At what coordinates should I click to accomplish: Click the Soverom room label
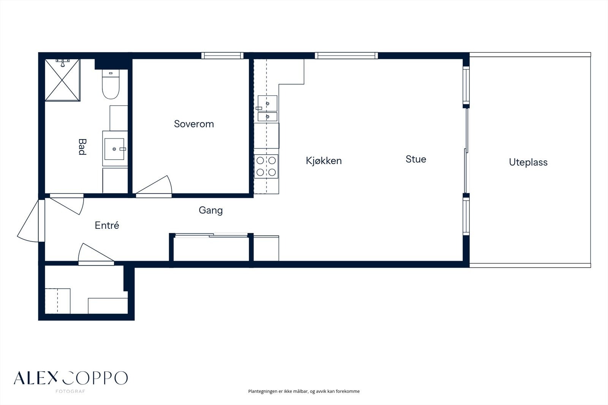[194, 124]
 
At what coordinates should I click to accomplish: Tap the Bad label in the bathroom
[82, 147]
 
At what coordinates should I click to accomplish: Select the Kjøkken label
[323, 161]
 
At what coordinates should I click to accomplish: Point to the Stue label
[416, 159]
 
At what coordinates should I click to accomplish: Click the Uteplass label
[528, 162]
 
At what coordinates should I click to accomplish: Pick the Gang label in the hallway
[211, 210]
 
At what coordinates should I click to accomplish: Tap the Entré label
[107, 225]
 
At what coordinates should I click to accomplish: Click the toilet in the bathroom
[111, 84]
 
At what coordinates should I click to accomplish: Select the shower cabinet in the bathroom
[62, 80]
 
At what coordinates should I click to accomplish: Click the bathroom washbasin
[114, 149]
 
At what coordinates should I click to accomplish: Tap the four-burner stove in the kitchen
[266, 166]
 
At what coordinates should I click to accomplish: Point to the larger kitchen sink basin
[268, 103]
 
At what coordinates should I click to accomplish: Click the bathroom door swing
[67, 204]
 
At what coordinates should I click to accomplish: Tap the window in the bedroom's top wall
[222, 55]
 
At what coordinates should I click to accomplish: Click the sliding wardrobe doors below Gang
[211, 235]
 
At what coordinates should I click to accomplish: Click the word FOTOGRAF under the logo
[70, 391]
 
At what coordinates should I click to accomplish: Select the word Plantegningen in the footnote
[263, 391]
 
